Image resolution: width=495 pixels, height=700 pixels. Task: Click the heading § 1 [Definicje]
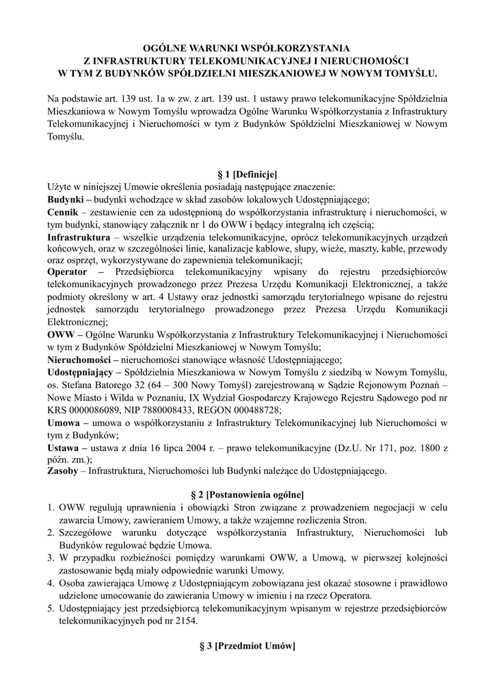click(246, 174)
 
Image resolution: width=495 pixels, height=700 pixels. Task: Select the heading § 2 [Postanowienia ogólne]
click(246, 494)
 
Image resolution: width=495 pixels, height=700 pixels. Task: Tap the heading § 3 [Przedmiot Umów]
click(246, 647)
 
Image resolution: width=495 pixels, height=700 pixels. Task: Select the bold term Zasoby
click(63, 470)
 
